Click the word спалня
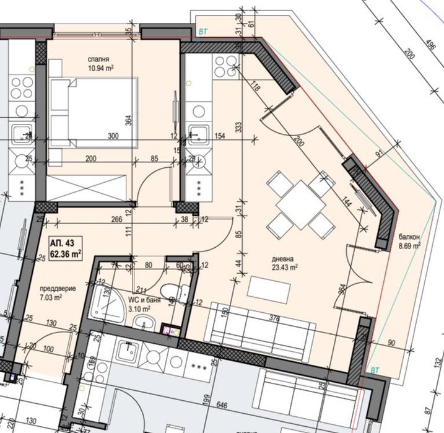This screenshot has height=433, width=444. (x=100, y=59)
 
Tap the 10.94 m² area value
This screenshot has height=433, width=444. (x=100, y=68)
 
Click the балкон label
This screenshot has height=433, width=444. (x=409, y=237)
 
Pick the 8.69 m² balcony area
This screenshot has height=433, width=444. (x=409, y=245)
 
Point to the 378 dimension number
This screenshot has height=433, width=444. (x=274, y=318)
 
